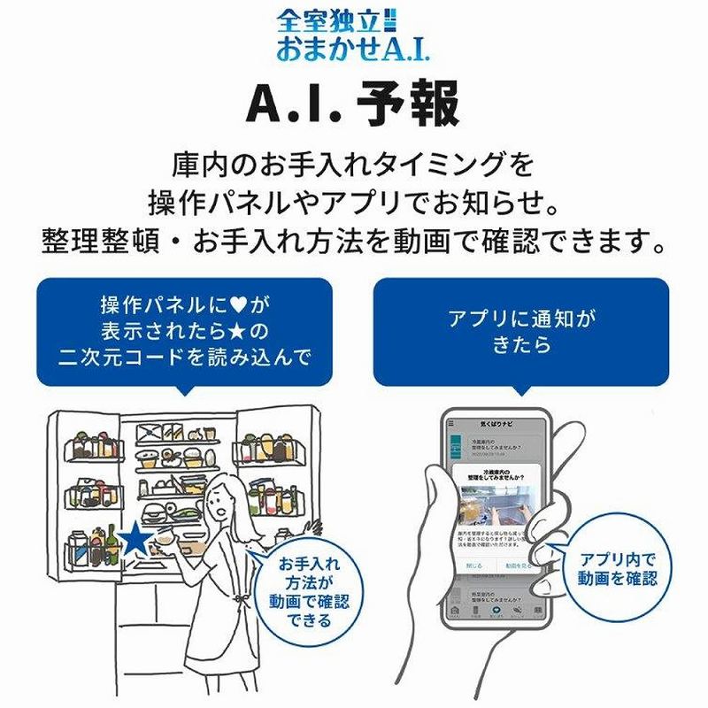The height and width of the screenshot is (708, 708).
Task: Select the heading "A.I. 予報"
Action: [353, 105]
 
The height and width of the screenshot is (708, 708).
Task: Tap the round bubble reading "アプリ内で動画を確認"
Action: [618, 568]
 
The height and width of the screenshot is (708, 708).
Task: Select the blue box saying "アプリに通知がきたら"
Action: [519, 331]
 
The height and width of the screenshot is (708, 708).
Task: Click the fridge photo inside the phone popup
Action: [496, 507]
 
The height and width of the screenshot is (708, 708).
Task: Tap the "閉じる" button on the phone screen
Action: [473, 565]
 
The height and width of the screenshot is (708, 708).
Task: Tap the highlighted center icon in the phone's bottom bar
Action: [496, 610]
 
